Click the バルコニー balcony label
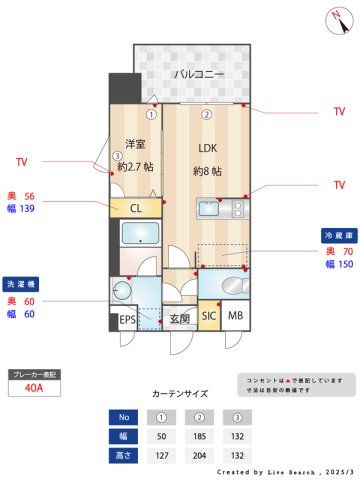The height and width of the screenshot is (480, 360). click(197, 75)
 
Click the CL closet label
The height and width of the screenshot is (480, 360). click(136, 208)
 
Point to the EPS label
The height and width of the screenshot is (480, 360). click(127, 320)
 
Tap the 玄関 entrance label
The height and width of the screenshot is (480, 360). click(178, 320)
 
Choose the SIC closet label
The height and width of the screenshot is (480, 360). click(208, 319)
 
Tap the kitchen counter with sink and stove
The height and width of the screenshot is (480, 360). click(221, 208)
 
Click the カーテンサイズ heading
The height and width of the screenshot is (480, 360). click(180, 394)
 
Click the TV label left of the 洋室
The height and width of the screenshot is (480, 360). click(23, 161)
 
